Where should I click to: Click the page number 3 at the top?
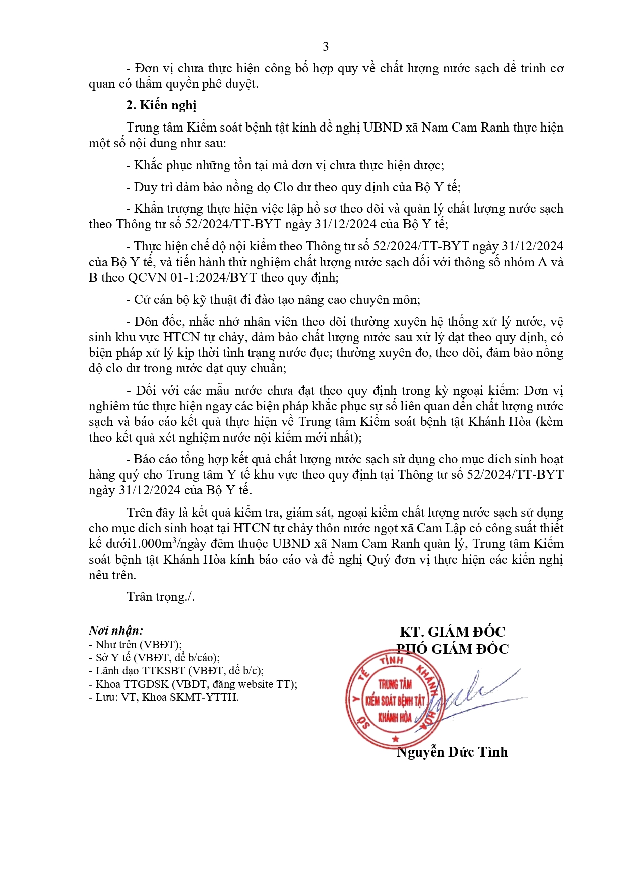326,47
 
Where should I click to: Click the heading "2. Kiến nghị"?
161,105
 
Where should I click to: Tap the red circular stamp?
395,699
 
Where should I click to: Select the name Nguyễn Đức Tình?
452,752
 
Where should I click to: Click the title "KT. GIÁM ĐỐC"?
452,632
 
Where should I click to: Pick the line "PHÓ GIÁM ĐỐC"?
452,649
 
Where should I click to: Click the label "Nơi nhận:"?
115,631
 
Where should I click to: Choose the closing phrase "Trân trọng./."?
161,597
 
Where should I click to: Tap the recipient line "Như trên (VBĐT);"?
136,645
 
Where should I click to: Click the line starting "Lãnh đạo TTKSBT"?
176,671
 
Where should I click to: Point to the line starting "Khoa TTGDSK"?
193,684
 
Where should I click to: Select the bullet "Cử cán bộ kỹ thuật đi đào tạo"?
274,300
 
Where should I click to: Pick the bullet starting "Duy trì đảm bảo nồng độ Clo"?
294,187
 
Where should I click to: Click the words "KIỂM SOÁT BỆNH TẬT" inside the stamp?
395,701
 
